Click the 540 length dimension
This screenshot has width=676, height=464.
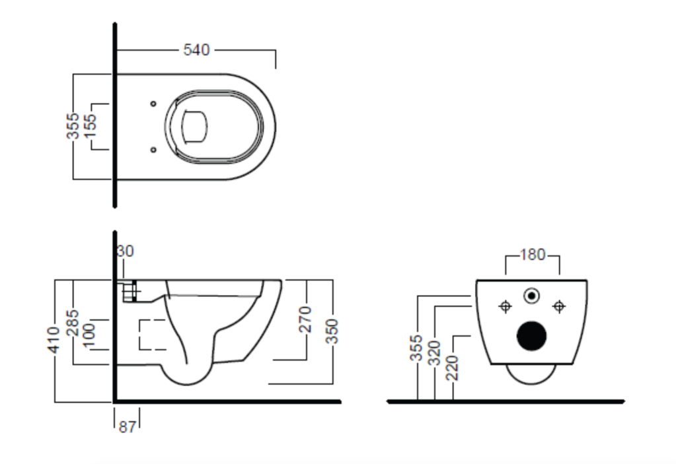tap(196, 50)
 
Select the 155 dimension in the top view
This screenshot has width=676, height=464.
tap(91, 125)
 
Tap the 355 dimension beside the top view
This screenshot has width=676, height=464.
tap(73, 125)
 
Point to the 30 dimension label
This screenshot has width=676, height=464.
tap(126, 251)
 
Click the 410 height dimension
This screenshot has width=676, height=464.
tap(54, 340)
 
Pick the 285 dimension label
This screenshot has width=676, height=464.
tap(72, 322)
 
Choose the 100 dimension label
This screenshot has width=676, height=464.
tap(89, 335)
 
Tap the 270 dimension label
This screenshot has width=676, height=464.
tap(305, 319)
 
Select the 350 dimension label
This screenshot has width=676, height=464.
tap(332, 331)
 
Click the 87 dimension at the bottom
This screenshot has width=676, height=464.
tap(127, 426)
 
